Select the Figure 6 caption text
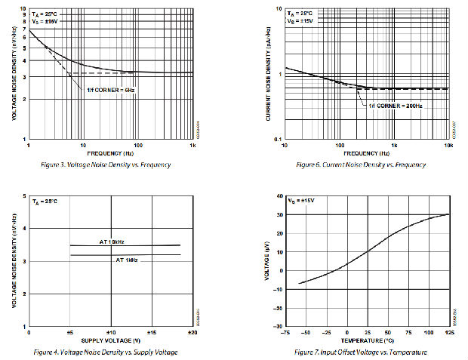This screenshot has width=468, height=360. [361, 164]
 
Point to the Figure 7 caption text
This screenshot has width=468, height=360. [362, 352]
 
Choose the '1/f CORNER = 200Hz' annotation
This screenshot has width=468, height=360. [395, 106]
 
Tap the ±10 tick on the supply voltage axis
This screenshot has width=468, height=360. [110, 332]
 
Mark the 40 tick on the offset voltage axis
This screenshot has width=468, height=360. [279, 195]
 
